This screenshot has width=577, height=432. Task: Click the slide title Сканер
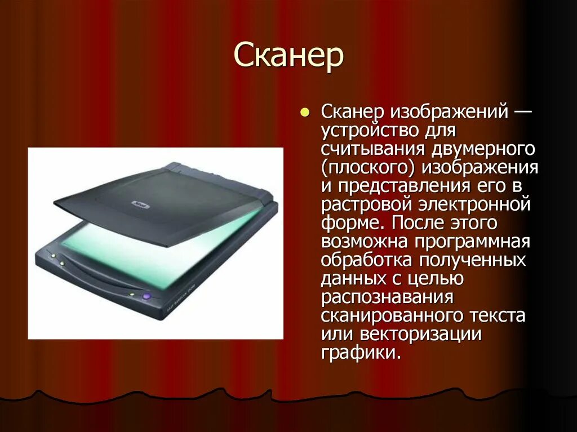(288, 56)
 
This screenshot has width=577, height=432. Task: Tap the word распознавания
(388, 296)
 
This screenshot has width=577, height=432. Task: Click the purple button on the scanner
(147, 295)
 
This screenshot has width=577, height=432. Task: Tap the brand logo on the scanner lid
(139, 203)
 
